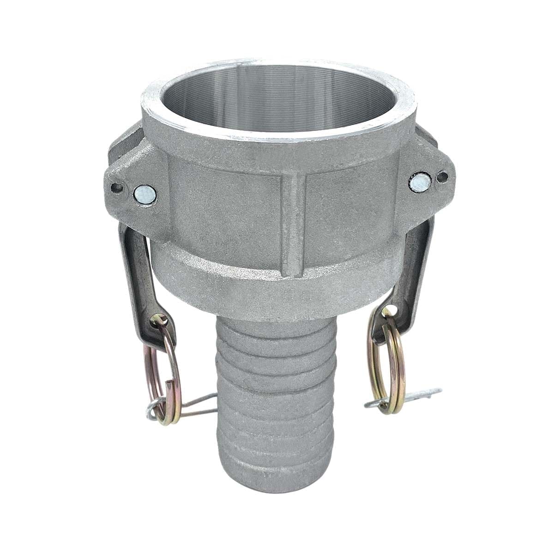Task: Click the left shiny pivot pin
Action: click(x=145, y=194)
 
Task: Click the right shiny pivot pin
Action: click(x=420, y=182)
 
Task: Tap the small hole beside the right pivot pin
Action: click(x=443, y=176)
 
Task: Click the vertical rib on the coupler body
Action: click(x=294, y=222)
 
